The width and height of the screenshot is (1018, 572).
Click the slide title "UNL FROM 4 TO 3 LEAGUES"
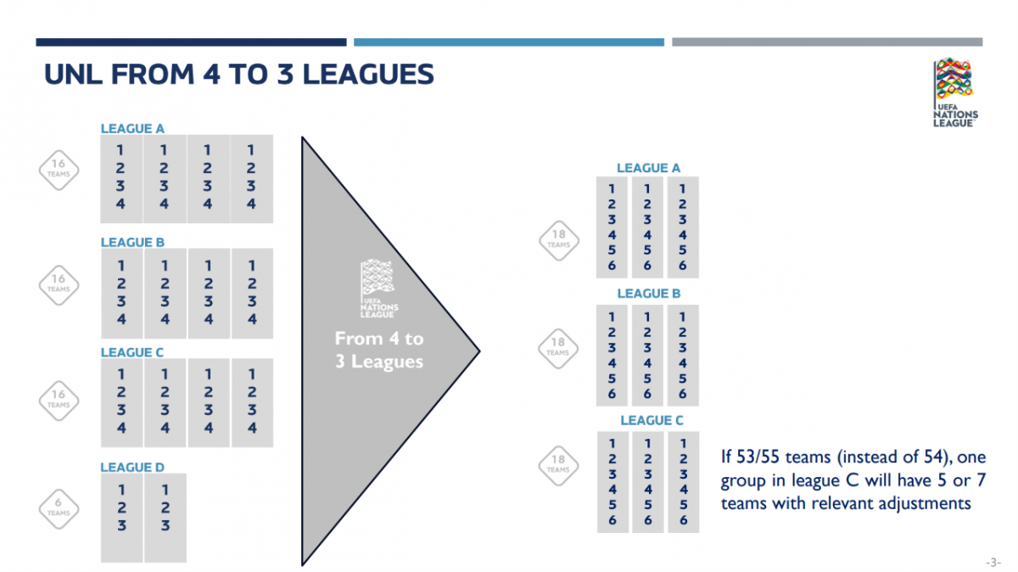[239, 74]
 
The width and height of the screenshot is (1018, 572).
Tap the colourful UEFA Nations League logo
[955, 93]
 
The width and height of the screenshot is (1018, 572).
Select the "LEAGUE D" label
[132, 467]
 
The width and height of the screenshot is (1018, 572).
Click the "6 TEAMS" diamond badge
[59, 509]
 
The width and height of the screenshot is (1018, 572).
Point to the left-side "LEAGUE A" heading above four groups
[132, 129]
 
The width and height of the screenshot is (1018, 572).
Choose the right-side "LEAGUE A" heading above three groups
[648, 168]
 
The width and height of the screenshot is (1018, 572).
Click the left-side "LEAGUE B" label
[132, 243]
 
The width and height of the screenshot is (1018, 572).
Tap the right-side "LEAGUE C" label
[652, 420]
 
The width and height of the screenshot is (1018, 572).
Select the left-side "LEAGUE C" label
[131, 352]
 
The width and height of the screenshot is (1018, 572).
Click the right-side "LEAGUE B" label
[648, 294]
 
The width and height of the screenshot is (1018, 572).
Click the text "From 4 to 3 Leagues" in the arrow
[379, 350]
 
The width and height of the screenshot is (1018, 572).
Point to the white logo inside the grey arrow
[378, 289]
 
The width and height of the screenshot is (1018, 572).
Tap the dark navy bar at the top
[192, 42]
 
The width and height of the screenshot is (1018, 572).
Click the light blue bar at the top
[509, 42]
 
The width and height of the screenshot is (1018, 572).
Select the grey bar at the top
[827, 42]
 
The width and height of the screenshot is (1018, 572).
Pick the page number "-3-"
[993, 563]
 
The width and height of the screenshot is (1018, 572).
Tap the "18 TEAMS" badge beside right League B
[558, 349]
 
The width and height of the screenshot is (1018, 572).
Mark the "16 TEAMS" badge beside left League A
[59, 170]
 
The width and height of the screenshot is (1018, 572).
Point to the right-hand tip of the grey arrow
[479, 351]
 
